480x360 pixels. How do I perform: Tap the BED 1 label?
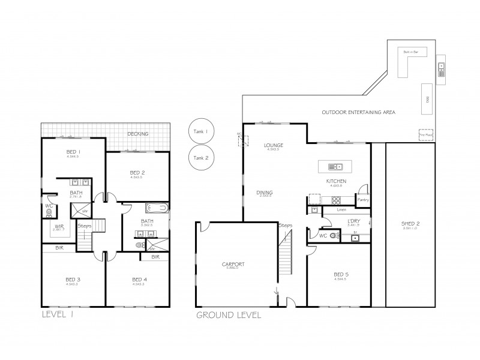point(73,152)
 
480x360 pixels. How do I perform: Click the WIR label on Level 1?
point(59,226)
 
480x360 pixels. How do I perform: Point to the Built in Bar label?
point(410,53)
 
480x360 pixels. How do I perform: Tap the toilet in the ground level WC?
point(334,236)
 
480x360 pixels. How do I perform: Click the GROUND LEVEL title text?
point(229,314)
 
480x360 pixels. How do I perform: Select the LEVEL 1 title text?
point(59,313)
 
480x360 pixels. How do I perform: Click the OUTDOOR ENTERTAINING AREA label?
point(358,112)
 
